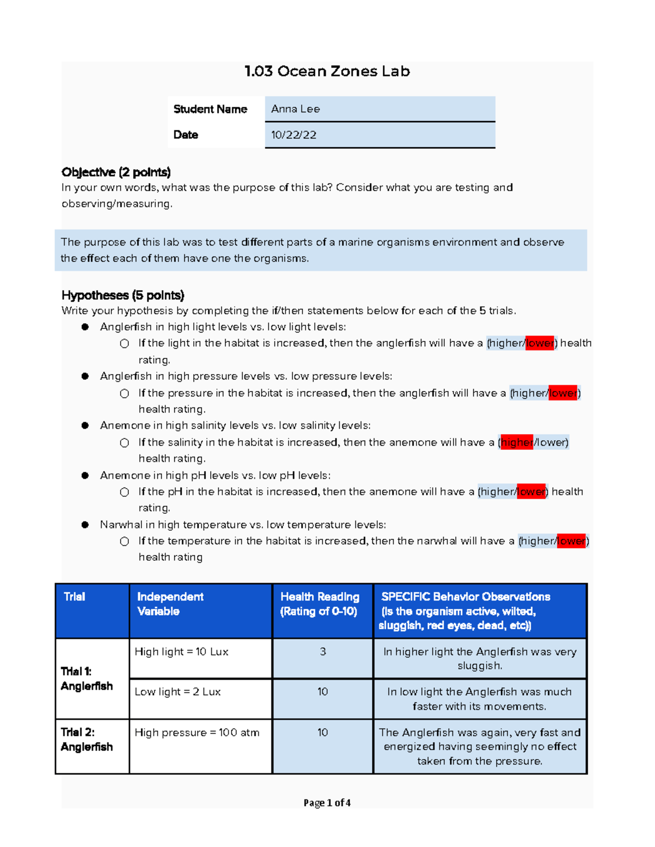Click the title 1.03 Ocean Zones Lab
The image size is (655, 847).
coord(327,71)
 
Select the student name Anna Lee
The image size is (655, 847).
coord(295,109)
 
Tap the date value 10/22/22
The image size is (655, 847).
coord(294,135)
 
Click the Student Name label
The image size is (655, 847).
coord(210,109)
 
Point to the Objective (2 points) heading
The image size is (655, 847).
coord(116,172)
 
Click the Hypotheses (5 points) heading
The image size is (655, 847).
coord(123,295)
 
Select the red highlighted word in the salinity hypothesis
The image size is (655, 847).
coord(516,442)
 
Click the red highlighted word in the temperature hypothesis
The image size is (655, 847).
coord(571,541)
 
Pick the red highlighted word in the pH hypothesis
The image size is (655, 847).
coord(531,491)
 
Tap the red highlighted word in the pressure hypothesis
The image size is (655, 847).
coord(563,393)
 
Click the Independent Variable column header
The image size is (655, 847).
coord(170,604)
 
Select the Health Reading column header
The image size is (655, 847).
coord(320,604)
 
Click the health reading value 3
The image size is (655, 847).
coord(323,652)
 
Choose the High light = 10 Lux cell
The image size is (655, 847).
coord(181,652)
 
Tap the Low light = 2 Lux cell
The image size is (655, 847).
coord(177,692)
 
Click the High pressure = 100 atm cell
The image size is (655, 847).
coord(197,732)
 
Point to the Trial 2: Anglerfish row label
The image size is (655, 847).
coord(87,740)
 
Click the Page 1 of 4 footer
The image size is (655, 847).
coord(327,803)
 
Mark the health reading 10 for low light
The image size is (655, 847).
coord(323,692)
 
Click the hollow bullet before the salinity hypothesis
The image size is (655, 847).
coord(124,443)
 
